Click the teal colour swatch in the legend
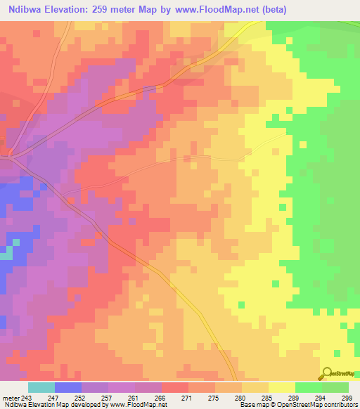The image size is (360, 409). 41,387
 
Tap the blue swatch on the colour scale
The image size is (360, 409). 68,387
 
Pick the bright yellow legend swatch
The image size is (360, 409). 281,387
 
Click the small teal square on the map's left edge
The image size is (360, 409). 6,254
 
